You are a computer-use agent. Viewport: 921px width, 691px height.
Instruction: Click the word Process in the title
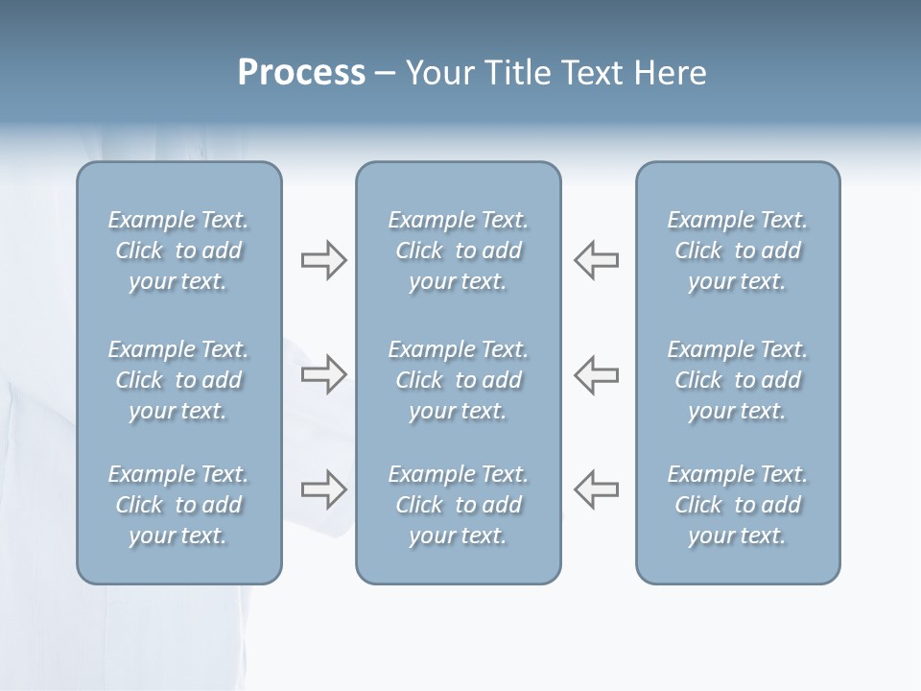tap(301, 73)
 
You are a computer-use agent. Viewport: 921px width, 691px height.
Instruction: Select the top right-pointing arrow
tap(323, 260)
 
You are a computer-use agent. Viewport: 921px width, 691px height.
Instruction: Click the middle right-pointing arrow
tap(323, 374)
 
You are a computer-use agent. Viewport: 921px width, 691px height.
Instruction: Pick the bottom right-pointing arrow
tap(323, 489)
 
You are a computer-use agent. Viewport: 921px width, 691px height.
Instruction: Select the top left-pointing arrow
tap(596, 260)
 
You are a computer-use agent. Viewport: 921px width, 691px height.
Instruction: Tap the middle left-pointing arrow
tap(596, 374)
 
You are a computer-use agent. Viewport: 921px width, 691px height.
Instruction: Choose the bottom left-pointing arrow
tap(596, 489)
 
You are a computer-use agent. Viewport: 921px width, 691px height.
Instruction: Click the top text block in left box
tap(178, 250)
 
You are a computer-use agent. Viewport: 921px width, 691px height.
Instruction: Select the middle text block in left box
tap(178, 380)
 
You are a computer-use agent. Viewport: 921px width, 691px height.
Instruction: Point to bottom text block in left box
tap(178, 505)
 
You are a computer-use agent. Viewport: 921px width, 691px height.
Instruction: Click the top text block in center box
tap(458, 250)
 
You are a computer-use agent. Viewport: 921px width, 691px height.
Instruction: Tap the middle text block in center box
tap(458, 380)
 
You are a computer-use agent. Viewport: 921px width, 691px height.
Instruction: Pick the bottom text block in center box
tap(458, 505)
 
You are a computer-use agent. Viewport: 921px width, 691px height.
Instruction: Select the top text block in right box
tap(737, 250)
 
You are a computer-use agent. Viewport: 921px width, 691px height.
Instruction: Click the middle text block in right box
tap(737, 380)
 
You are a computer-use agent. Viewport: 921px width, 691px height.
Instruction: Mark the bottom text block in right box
tap(737, 505)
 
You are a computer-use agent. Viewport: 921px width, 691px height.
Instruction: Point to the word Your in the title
tap(438, 73)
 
